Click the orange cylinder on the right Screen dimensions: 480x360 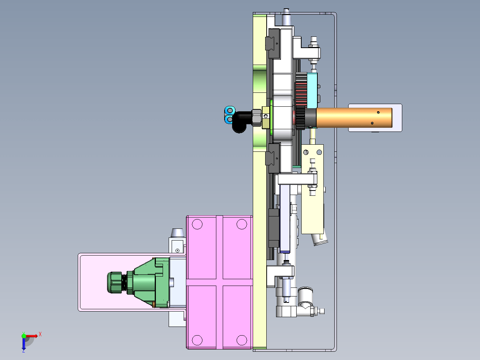click(x=354, y=118)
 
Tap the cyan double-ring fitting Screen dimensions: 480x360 click(x=229, y=115)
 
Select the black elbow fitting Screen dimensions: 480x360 click(x=242, y=122)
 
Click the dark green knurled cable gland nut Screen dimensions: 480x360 click(x=115, y=282)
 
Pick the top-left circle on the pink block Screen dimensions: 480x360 click(x=197, y=224)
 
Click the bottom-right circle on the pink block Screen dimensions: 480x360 click(x=242, y=340)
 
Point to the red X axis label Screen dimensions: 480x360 click(x=40, y=334)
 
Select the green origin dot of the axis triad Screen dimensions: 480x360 click(x=24, y=336)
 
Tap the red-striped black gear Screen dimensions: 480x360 click(x=301, y=101)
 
